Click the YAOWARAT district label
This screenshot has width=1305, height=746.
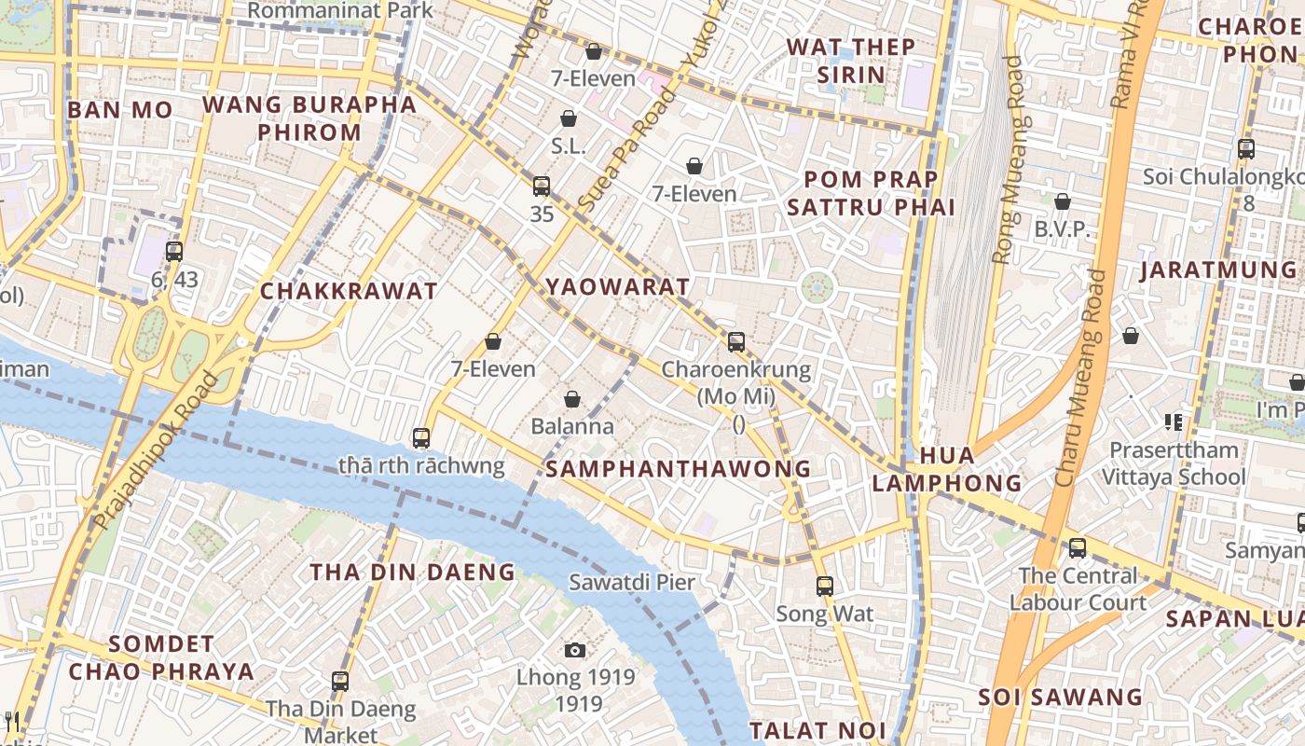point(618,287)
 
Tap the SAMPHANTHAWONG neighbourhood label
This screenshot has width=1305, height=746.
point(678,469)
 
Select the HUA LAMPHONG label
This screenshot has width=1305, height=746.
point(947,469)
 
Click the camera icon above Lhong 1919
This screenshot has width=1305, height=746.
point(575,650)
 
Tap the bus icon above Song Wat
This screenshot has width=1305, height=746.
point(825,586)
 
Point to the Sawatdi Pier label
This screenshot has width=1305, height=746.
point(632,583)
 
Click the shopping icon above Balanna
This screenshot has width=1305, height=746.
point(572,399)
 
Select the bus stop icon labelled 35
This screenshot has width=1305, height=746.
point(542,186)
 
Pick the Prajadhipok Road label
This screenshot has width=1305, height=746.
point(157,450)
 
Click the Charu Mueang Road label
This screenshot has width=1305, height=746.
point(1079,378)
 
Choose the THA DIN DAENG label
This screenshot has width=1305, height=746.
point(412,572)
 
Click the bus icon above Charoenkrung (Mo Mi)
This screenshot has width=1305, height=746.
point(736,341)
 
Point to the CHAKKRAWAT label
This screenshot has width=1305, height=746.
point(349,291)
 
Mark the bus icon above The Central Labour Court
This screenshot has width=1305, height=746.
point(1078,547)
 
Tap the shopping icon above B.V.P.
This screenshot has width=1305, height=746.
point(1062,201)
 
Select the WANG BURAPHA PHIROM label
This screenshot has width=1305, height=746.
point(309,118)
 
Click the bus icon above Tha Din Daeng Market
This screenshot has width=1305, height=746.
point(340,681)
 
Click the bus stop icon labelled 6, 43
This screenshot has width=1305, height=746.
point(174,251)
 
